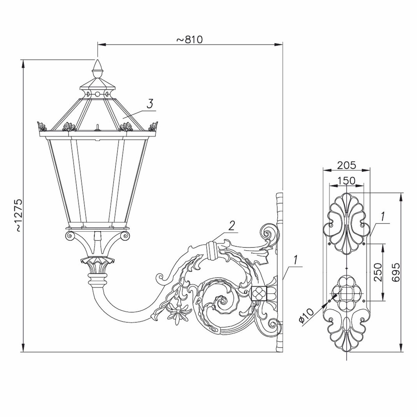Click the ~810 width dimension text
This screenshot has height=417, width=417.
coord(190,40)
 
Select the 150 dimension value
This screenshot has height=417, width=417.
coord(346,180)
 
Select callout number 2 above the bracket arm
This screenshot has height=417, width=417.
coord(231,226)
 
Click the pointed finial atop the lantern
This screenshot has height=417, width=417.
coord(98,69)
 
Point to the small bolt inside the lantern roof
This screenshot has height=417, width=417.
coord(98,127)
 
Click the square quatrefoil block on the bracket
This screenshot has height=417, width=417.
coord(259,293)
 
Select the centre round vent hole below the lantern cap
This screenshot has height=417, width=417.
coord(98,95)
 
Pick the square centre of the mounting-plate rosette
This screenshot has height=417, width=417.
coord(347,294)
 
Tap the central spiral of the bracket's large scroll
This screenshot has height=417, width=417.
coord(221,301)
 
